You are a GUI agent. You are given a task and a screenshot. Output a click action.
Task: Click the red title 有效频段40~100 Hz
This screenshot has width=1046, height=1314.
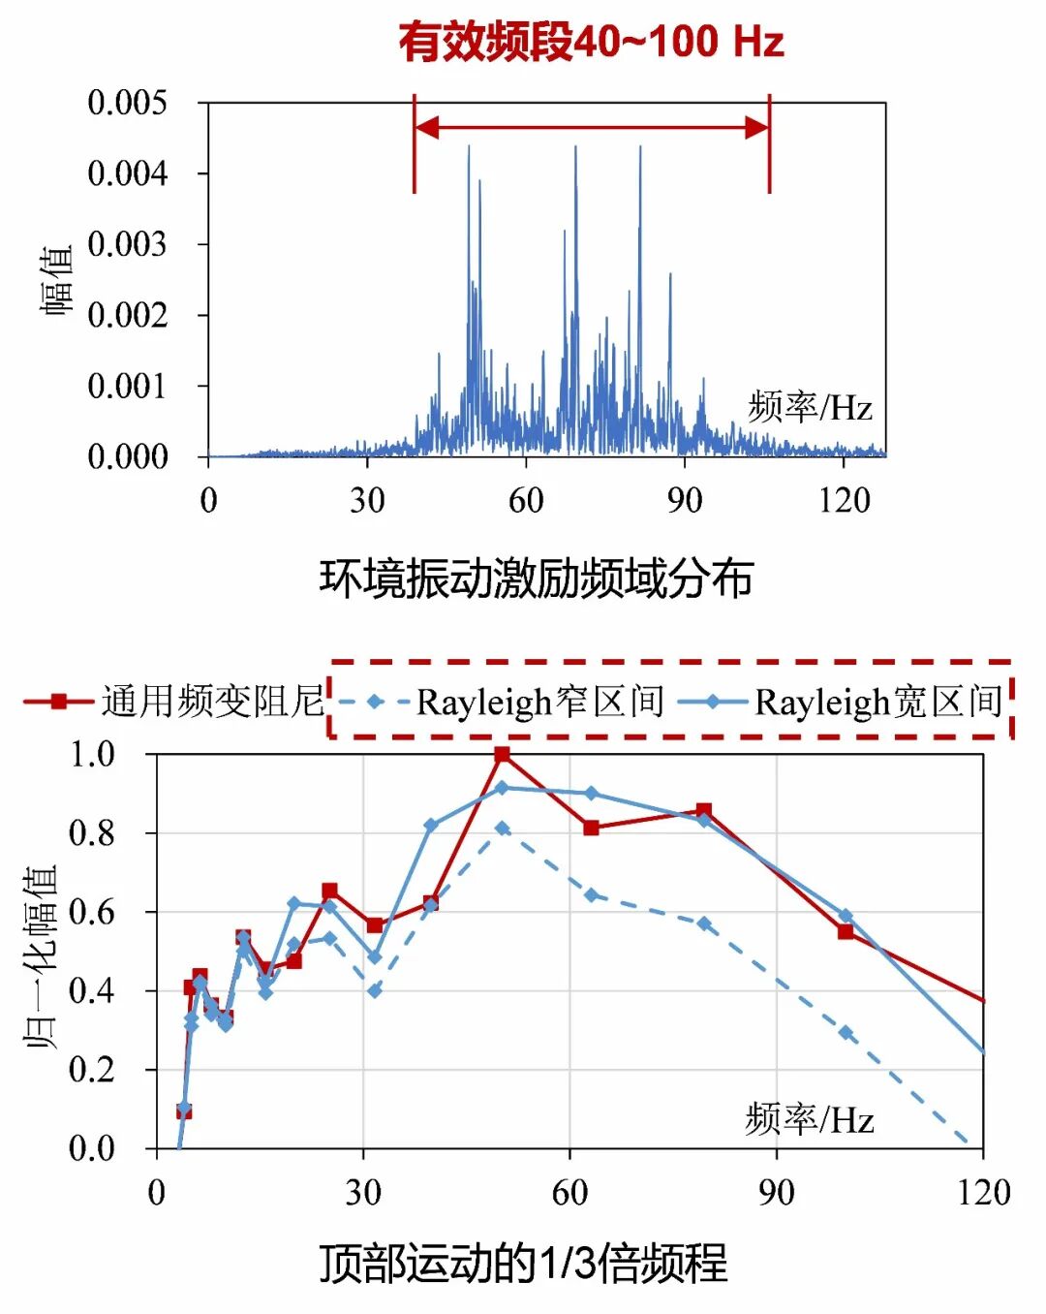coord(591,42)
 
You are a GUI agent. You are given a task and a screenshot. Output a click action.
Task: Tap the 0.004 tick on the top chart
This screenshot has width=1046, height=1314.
coord(127,173)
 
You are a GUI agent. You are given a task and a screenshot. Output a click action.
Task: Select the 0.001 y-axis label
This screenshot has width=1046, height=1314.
coord(127,386)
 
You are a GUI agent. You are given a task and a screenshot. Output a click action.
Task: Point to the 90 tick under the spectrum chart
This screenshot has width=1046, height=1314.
coord(684,500)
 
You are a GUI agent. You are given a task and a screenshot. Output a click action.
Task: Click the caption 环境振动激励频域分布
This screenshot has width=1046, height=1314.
coord(536,579)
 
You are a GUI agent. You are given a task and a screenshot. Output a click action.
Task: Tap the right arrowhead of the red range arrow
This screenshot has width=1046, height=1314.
coord(756,127)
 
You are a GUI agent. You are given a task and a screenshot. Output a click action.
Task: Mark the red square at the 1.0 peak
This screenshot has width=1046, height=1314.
coord(502,754)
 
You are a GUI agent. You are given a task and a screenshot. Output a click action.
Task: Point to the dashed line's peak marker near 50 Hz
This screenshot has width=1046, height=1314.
coord(502,829)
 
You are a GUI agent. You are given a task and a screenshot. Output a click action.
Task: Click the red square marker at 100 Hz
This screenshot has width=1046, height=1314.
coord(846,931)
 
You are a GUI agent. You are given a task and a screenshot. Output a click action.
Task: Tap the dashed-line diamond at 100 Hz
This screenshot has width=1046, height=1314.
coord(846,1033)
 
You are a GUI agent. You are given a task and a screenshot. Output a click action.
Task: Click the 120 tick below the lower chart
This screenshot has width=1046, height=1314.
coord(983,1192)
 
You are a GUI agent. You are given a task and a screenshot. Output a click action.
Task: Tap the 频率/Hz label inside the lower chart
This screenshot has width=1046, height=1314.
coord(810,1120)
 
